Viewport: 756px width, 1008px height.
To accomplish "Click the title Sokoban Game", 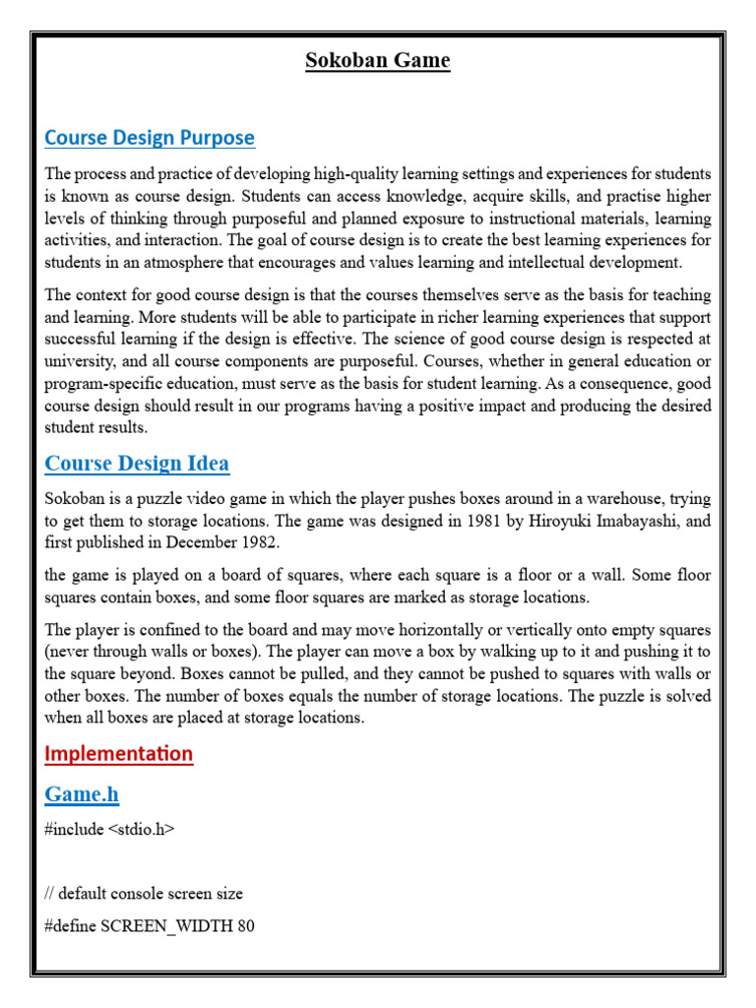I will tap(377, 61).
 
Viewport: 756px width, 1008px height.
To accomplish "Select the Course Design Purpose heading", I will tap(150, 138).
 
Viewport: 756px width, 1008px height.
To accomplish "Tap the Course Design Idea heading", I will tap(137, 463).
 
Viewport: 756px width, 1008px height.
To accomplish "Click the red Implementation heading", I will tap(119, 754).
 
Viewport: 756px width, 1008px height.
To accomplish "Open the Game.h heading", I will tap(82, 794).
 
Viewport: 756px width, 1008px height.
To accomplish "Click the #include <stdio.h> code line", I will tap(109, 830).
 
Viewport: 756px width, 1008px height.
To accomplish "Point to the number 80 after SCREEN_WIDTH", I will tap(245, 926).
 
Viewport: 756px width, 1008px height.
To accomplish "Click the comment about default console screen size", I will tap(144, 894).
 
